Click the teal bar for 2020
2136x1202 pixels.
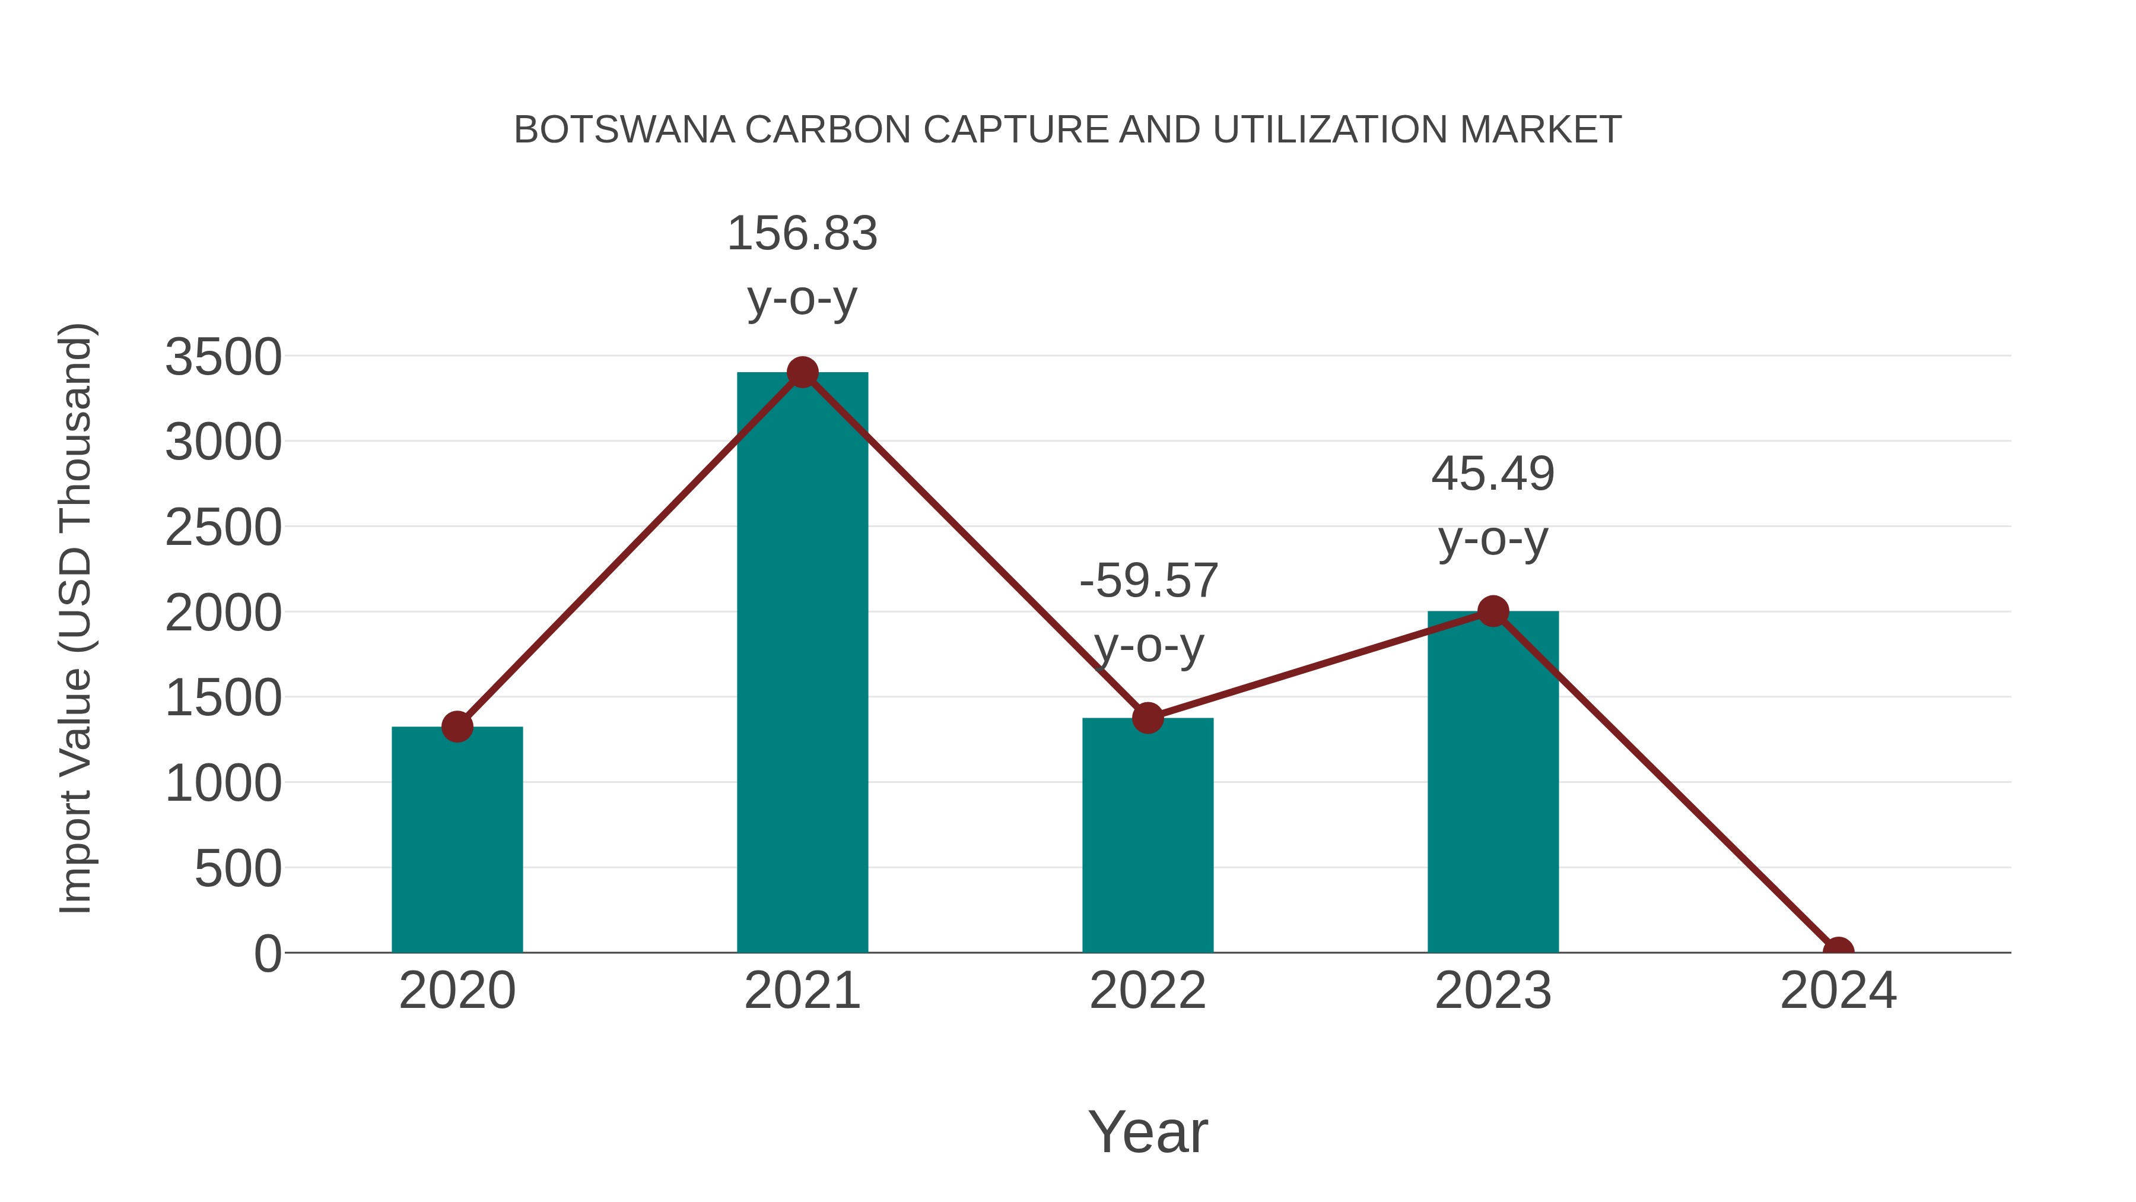tap(457, 839)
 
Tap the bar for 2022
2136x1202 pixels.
tap(1148, 835)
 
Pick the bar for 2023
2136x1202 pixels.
tap(1493, 781)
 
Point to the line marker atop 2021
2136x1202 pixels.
tap(802, 372)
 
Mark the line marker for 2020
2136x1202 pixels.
tap(457, 727)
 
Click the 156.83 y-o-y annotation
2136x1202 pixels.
tap(802, 265)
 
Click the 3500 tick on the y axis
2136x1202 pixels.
tap(223, 359)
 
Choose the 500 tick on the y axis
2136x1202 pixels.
tap(238, 870)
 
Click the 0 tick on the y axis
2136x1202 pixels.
tap(268, 954)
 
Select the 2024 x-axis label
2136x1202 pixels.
tap(1838, 991)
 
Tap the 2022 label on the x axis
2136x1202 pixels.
tap(1148, 991)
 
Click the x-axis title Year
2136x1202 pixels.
tap(1148, 1133)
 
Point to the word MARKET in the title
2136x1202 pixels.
tap(1540, 130)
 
